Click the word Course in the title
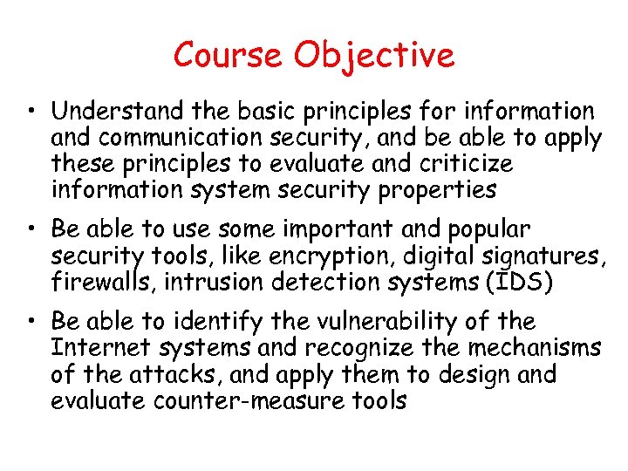pos(229,55)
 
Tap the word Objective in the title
pos(374,57)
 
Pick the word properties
pos(436,190)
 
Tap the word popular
pos(488,230)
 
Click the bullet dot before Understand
pos(30,113)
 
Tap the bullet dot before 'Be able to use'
pos(30,230)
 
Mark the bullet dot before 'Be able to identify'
pos(30,322)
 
